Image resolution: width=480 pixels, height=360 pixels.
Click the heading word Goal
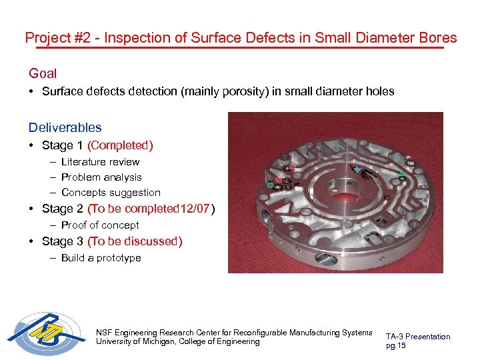(x=43, y=73)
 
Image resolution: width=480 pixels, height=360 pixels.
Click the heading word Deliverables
(x=65, y=127)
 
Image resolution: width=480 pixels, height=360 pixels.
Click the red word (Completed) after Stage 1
(x=120, y=145)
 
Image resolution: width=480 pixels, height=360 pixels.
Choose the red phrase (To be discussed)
(x=135, y=241)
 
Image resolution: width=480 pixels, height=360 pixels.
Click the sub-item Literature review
(x=100, y=161)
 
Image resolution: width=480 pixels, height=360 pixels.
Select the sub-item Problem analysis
(x=101, y=177)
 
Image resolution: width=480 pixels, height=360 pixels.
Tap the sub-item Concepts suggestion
(x=111, y=192)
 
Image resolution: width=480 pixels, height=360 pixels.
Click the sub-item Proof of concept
(x=100, y=225)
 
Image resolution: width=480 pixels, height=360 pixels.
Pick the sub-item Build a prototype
(x=101, y=257)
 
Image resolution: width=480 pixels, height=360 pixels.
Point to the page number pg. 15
(x=396, y=345)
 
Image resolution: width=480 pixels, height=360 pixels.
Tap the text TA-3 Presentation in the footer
(x=418, y=337)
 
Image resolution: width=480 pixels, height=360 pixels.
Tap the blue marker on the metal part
(x=358, y=170)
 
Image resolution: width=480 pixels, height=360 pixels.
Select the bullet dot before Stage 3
(x=32, y=241)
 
